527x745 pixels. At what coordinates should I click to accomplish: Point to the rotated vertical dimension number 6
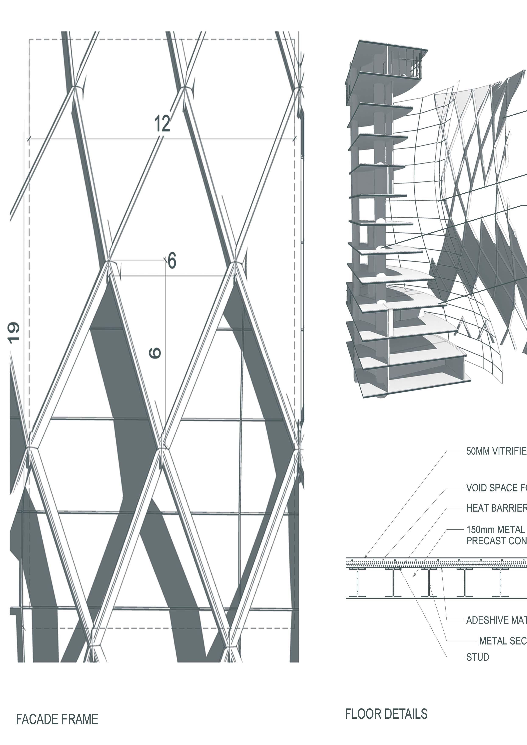tap(155, 353)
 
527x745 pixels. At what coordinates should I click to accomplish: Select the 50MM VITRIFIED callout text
tap(496, 451)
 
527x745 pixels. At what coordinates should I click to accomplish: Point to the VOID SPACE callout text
tap(496, 488)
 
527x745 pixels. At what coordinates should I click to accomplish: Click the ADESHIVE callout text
tap(496, 620)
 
